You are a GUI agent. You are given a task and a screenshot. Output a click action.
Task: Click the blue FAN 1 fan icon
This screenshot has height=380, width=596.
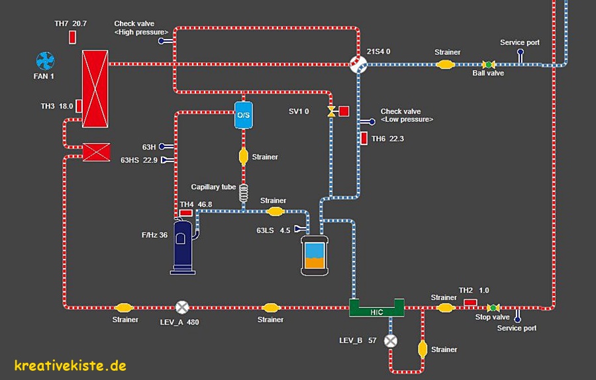pyautogui.click(x=45, y=62)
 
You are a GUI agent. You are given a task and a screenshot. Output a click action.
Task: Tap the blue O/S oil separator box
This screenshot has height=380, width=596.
pyautogui.click(x=244, y=115)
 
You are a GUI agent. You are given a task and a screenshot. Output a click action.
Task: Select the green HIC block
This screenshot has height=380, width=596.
pyautogui.click(x=377, y=308)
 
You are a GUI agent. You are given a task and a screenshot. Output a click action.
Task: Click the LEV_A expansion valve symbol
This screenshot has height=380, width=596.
pyautogui.click(x=182, y=308)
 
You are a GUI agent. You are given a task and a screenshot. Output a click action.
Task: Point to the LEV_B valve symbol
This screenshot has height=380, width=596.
pyautogui.click(x=391, y=341)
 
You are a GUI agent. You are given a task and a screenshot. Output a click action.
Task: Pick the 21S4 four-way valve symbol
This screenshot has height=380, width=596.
pyautogui.click(x=358, y=64)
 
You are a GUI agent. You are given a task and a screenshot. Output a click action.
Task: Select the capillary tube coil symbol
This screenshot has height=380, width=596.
pyautogui.click(x=243, y=190)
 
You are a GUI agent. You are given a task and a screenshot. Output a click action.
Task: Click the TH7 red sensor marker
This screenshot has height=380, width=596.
pyautogui.click(x=72, y=37)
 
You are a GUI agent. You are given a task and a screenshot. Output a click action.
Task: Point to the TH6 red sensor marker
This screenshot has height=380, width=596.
pyautogui.click(x=364, y=138)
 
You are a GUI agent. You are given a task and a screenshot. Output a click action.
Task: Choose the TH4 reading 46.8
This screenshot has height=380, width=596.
pyautogui.click(x=205, y=204)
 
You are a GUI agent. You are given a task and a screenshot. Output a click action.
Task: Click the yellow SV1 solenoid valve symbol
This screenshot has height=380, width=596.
pyautogui.click(x=331, y=111)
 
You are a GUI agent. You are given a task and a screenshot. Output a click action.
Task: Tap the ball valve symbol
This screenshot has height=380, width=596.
pyautogui.click(x=489, y=64)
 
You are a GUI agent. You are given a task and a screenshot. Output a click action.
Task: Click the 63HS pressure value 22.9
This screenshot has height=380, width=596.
pyautogui.click(x=150, y=160)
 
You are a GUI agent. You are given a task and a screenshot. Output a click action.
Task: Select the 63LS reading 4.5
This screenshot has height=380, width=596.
pyautogui.click(x=285, y=230)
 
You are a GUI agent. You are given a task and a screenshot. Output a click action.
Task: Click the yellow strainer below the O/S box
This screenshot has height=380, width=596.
pyautogui.click(x=243, y=157)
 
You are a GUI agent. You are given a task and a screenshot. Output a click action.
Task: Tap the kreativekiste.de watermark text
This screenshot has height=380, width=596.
pyautogui.click(x=70, y=365)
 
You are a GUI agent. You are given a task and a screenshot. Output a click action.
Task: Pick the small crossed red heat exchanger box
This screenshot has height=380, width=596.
pyautogui.click(x=96, y=154)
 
